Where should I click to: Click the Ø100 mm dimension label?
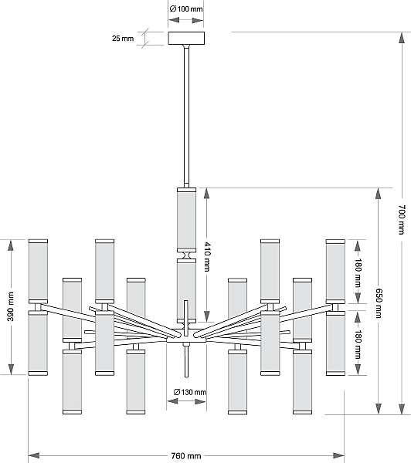click(186, 8)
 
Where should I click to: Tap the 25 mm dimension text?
click(123, 39)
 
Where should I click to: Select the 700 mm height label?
click(402, 219)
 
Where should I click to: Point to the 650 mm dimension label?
click(379, 303)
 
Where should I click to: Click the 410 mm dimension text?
click(207, 257)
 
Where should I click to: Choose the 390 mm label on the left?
click(11, 306)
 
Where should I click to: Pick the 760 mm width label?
click(186, 456)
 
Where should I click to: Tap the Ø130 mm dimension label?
click(190, 392)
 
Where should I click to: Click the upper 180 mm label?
click(358, 272)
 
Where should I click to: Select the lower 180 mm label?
click(358, 344)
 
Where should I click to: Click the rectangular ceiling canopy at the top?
click(186, 38)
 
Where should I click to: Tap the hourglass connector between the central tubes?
click(186, 255)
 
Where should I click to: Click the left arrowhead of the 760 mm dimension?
click(34, 455)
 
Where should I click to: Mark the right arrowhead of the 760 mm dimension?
click(338, 455)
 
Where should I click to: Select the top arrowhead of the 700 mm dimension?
click(402, 38)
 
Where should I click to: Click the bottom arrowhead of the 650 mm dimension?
click(379, 408)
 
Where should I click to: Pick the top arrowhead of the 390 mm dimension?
click(11, 245)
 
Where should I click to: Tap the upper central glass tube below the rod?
click(186, 220)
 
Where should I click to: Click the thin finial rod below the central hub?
click(186, 360)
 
